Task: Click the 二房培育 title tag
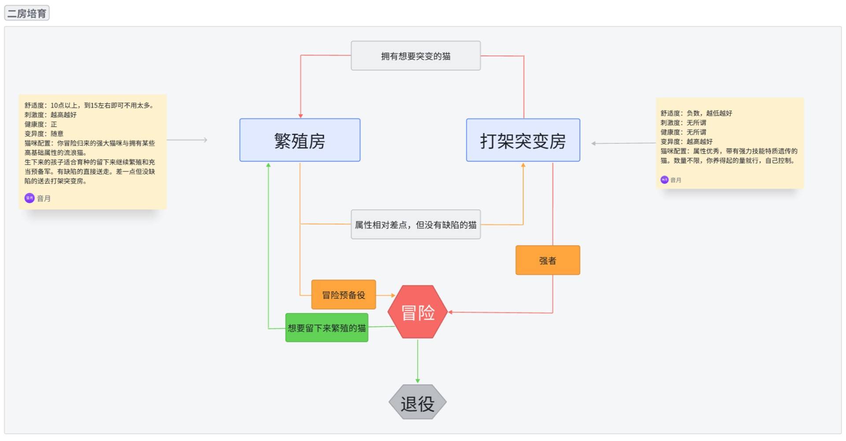(x=27, y=13)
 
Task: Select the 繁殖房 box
(x=300, y=140)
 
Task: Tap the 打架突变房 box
(x=523, y=140)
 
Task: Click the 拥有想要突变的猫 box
(x=416, y=56)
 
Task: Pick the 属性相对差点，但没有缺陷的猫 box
(x=416, y=225)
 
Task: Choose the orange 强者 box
(x=548, y=261)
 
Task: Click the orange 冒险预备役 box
(x=343, y=295)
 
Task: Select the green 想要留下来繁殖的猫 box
(x=327, y=328)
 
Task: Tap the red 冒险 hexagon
(x=417, y=312)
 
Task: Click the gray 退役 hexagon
(x=417, y=403)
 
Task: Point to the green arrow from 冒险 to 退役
(x=418, y=361)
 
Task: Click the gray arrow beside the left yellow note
(x=187, y=140)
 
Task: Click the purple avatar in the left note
(x=30, y=198)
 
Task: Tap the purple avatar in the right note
(x=664, y=180)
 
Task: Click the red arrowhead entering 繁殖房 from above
(x=301, y=116)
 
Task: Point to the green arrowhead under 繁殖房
(x=268, y=165)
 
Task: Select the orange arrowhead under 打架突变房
(x=523, y=165)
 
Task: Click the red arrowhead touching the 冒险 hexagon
(x=450, y=312)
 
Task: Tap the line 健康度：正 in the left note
(x=41, y=124)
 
